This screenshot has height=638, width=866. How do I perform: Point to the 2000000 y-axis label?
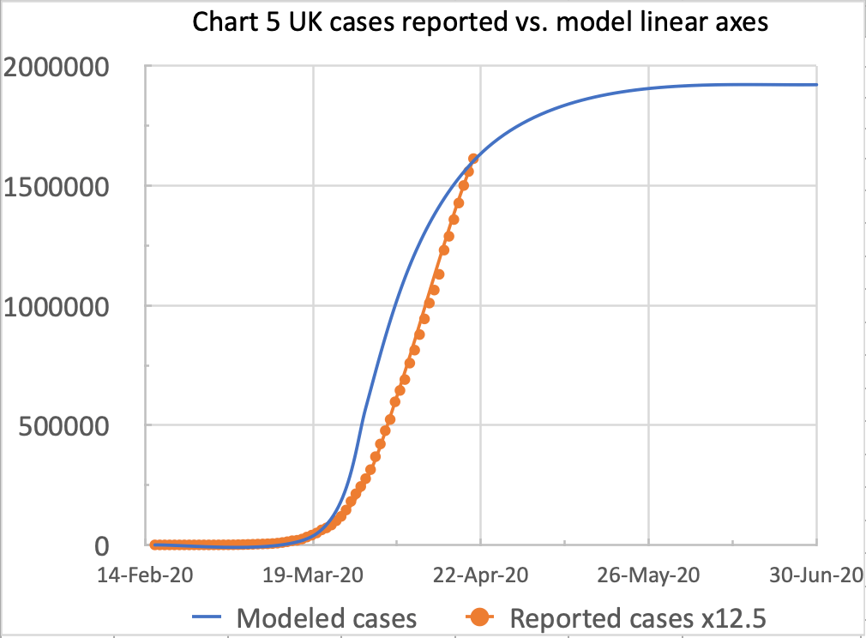(67, 66)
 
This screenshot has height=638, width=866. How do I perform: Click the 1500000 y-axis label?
(67, 186)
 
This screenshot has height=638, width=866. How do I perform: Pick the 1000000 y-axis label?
(67, 306)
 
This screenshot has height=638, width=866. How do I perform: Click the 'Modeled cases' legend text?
(327, 617)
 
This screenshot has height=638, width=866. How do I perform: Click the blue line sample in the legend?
(210, 617)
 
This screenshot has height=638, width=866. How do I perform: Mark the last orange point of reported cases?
(473, 159)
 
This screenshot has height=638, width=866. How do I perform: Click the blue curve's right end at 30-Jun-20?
(816, 85)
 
